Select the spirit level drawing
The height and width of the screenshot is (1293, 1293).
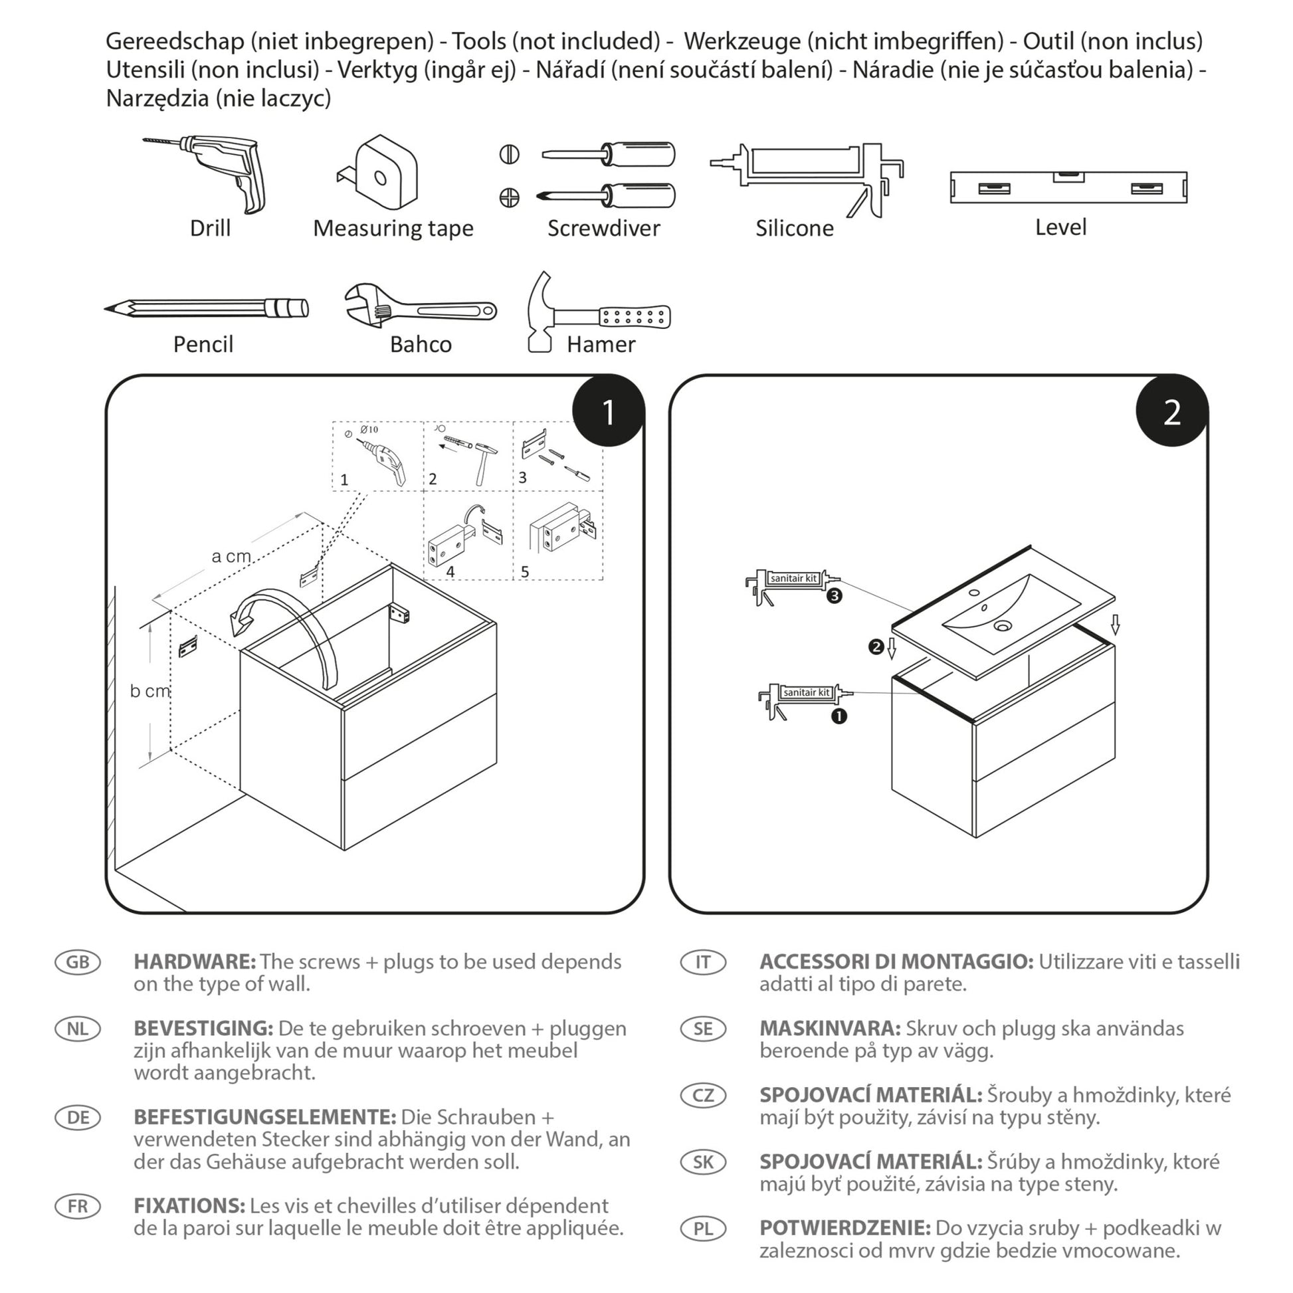point(1068,187)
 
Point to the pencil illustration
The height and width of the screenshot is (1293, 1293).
point(206,308)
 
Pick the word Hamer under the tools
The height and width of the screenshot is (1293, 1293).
point(601,345)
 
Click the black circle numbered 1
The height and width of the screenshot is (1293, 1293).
point(608,411)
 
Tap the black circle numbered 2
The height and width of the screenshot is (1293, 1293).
point(1172,411)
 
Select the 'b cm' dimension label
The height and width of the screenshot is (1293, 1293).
point(150,690)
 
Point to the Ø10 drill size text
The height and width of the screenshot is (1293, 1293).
point(369,430)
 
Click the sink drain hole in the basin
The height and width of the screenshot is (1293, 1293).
point(1002,626)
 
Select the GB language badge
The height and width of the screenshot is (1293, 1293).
point(78,962)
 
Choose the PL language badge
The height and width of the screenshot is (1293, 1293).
point(703,1229)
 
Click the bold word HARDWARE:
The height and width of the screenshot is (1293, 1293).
point(195,961)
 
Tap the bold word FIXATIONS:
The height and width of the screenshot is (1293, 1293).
point(189,1206)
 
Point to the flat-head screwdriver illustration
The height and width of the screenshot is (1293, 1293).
point(608,155)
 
